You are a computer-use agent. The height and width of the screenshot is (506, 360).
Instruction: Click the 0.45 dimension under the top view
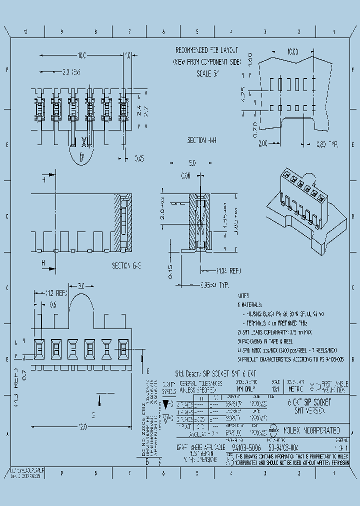pyautogui.click(x=139, y=159)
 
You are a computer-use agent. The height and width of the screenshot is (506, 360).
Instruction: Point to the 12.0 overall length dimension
pyautogui.click(x=82, y=426)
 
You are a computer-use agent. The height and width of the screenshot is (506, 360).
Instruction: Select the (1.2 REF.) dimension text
pyautogui.click(x=57, y=293)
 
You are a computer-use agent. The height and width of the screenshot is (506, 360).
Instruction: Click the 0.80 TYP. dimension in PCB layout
pyautogui.click(x=327, y=144)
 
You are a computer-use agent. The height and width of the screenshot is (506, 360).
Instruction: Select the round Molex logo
pyautogui.click(x=274, y=429)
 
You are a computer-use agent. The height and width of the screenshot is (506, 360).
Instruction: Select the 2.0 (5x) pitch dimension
pyautogui.click(x=72, y=72)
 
